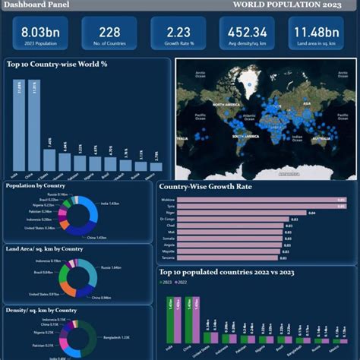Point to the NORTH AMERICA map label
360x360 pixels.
click(226, 104)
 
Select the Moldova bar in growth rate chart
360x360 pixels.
click(257, 201)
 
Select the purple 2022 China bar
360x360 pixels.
click(197, 320)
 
